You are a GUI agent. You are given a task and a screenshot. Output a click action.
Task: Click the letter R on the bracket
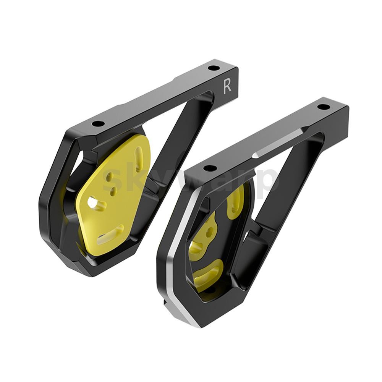coord(227,87)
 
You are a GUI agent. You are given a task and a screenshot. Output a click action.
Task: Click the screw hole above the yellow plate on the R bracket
coord(98,124)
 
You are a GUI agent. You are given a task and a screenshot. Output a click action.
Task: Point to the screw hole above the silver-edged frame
coord(210,168)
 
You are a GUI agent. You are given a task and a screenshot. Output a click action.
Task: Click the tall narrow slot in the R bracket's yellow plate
coord(139,158)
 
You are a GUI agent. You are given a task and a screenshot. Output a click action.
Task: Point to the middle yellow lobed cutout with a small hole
coord(206,237)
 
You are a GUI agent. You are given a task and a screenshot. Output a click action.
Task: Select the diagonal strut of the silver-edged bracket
coord(290,180)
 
